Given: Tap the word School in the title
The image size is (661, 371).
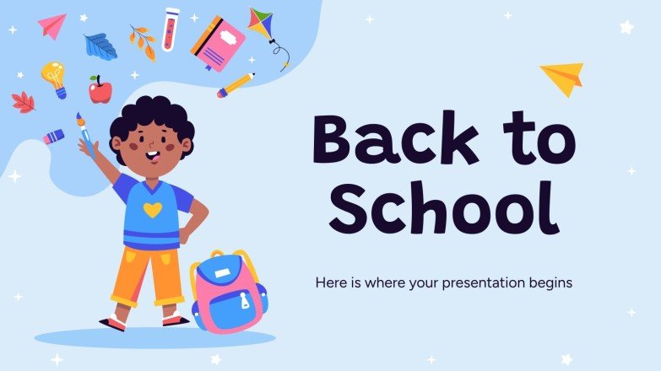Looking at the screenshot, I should point(444,206).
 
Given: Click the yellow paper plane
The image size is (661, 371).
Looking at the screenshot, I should point(561,78).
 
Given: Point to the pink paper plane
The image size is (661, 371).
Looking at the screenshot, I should point(51,25).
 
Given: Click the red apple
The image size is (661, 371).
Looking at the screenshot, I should point(100,89).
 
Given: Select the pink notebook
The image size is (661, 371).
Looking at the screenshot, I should point(218,42).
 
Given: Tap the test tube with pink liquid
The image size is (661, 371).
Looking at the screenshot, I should point(171,29).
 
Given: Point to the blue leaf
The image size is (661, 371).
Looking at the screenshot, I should point(100,46).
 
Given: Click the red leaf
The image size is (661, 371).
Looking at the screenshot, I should point(24,103).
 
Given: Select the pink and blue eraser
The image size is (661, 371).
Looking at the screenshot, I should point(54,136).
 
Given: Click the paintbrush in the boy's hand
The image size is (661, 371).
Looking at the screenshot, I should point(84,133).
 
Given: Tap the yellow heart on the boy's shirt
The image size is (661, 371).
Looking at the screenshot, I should point(149,207).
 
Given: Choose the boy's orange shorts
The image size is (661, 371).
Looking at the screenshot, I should point(149,275).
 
